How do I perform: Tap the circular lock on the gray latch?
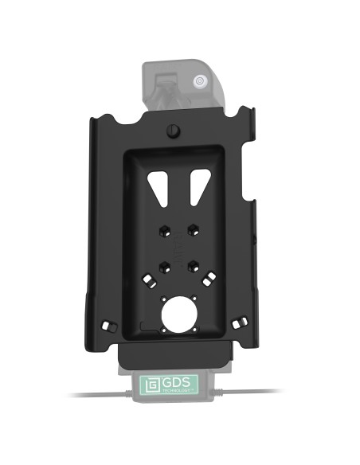click(199, 80)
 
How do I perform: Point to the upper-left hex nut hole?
click(162, 231)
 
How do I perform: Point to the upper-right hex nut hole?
click(193, 231)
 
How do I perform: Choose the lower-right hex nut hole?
click(193, 267)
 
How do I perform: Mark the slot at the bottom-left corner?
click(109, 327)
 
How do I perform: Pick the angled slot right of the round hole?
click(210, 278)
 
